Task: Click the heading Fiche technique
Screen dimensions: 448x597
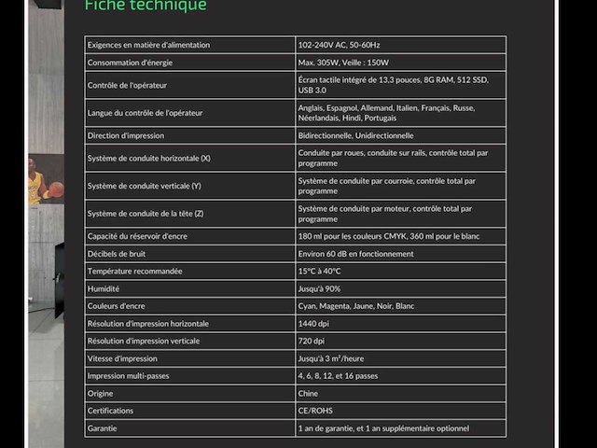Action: pyautogui.click(x=145, y=7)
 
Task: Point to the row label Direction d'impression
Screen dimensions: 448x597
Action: pyautogui.click(x=126, y=135)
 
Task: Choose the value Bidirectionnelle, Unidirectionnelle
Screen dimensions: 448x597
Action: pyautogui.click(x=355, y=135)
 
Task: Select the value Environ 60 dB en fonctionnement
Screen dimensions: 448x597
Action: pyautogui.click(x=355, y=254)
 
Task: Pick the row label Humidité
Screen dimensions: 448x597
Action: pyautogui.click(x=104, y=288)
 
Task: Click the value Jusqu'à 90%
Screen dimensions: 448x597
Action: pyautogui.click(x=319, y=288)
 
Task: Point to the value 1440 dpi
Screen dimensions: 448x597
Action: pyautogui.click(x=314, y=323)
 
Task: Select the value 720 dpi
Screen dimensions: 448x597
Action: pyautogui.click(x=312, y=341)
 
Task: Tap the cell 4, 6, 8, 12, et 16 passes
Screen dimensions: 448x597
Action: pyautogui.click(x=338, y=375)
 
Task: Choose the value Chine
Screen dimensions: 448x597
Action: pyautogui.click(x=309, y=393)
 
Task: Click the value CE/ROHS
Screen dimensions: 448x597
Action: pyautogui.click(x=315, y=411)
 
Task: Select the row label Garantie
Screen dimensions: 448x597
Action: pyautogui.click(x=103, y=428)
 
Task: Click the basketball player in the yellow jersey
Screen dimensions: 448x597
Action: pyautogui.click(x=37, y=182)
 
